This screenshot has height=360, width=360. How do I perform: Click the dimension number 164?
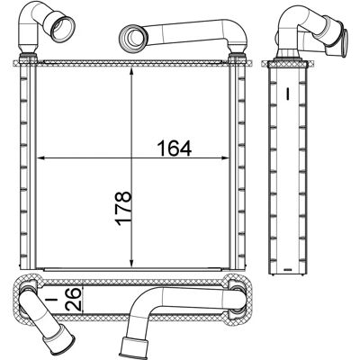(x=175, y=148)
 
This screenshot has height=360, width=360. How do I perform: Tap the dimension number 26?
(x=73, y=299)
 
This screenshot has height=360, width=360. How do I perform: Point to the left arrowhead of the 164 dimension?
(x=40, y=158)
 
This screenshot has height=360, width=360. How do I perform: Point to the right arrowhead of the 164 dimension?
(x=225, y=158)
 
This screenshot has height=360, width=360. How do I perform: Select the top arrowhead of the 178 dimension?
(x=131, y=72)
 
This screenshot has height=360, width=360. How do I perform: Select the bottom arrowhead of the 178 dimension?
(x=131, y=263)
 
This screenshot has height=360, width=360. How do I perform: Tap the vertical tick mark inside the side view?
(x=287, y=94)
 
